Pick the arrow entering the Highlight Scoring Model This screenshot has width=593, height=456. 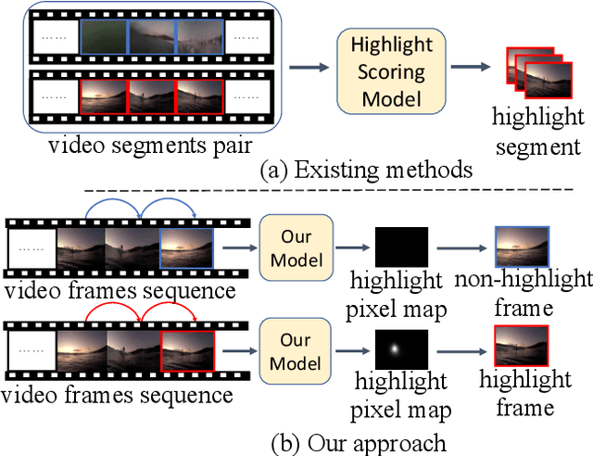tap(309, 67)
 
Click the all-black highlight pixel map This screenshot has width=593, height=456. tap(401, 247)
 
